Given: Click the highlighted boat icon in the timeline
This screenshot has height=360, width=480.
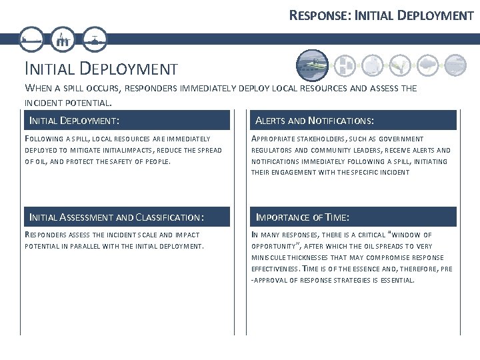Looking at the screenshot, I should coord(312,65).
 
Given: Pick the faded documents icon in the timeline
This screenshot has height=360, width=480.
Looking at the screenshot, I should coord(343,64).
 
